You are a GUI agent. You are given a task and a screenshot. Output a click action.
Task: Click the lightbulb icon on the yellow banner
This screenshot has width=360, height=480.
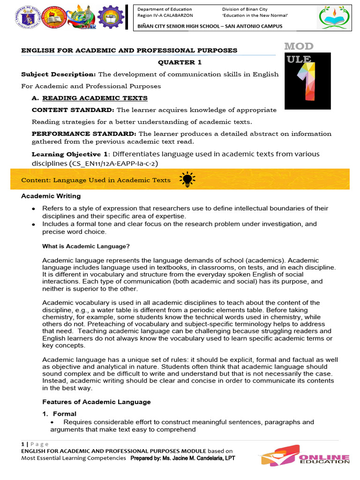187,180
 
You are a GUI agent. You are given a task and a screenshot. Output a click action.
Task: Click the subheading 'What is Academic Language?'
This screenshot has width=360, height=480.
86,246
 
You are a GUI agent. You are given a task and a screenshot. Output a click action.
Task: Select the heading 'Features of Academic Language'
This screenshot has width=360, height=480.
97,402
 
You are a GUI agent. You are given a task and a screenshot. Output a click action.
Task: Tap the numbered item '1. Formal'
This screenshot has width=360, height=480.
60,414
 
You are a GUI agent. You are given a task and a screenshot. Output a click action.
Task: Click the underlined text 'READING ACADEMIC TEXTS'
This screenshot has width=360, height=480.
95,98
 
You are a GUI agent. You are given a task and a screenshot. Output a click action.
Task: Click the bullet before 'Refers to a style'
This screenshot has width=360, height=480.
34,209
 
